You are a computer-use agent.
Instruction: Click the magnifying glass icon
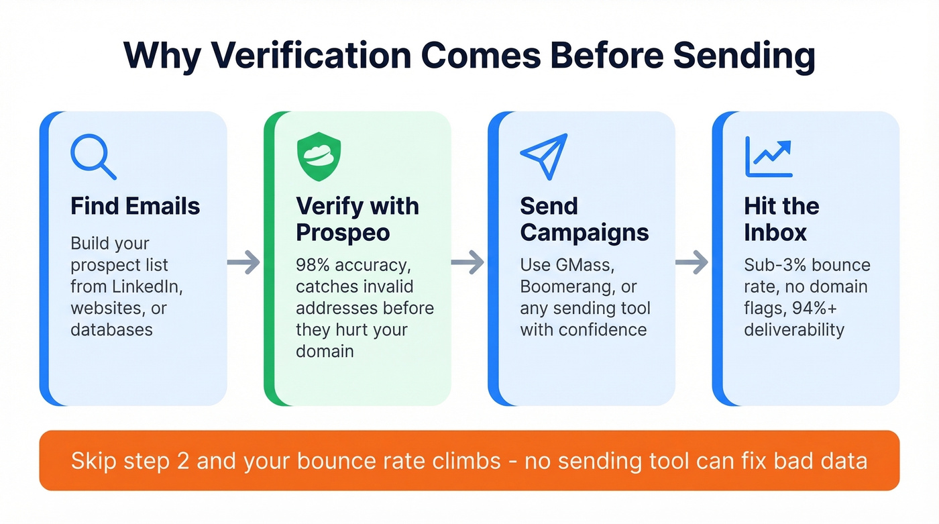tap(93, 157)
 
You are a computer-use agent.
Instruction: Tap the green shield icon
tap(319, 156)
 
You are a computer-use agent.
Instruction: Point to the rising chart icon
tap(769, 156)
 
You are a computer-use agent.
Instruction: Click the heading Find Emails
tap(135, 206)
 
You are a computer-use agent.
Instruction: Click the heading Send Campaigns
tap(584, 219)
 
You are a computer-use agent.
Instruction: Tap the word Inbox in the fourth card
tap(775, 233)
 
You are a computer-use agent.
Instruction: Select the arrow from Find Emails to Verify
tap(243, 263)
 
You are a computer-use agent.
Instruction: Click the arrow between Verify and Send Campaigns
tap(468, 263)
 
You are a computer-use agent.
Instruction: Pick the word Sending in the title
tap(744, 56)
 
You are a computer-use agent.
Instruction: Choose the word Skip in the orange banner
tap(91, 461)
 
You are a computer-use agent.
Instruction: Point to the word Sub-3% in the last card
tap(773, 265)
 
